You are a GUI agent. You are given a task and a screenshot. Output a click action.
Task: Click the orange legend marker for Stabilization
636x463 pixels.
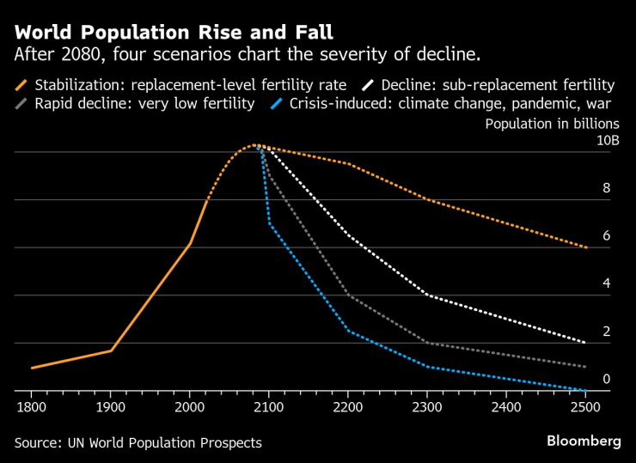[x=21, y=85]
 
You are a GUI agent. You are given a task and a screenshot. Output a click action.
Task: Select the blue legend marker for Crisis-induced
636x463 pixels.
[x=274, y=104]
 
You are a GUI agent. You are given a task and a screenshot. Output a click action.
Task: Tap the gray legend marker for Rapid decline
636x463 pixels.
[x=21, y=104]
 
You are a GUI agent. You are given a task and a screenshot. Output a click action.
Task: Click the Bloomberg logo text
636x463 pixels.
[x=584, y=441]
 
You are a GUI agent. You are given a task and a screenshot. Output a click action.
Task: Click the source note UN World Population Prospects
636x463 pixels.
[x=138, y=442]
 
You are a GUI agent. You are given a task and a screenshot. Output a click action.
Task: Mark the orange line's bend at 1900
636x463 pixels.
[x=111, y=350]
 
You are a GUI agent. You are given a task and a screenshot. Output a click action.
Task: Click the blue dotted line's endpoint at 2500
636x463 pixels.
[x=585, y=391]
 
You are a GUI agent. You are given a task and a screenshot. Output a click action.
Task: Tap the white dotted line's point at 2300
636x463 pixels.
[x=427, y=295]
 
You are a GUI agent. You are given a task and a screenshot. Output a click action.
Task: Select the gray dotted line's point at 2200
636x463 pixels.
[x=348, y=295]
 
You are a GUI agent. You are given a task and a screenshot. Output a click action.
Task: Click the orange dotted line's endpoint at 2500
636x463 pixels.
[x=585, y=247]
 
